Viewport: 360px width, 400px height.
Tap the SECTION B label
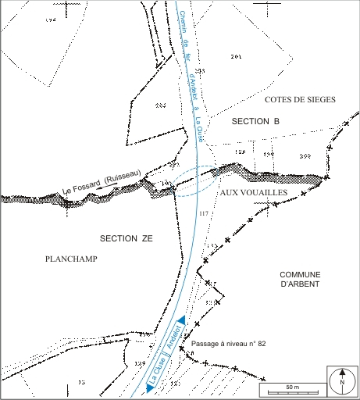coord(255,122)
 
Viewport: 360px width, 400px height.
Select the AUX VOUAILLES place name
coord(255,192)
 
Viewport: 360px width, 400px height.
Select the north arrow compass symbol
coord(342,380)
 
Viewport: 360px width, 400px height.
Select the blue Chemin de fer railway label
coord(191,70)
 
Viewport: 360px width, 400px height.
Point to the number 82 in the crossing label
coord(262,343)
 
